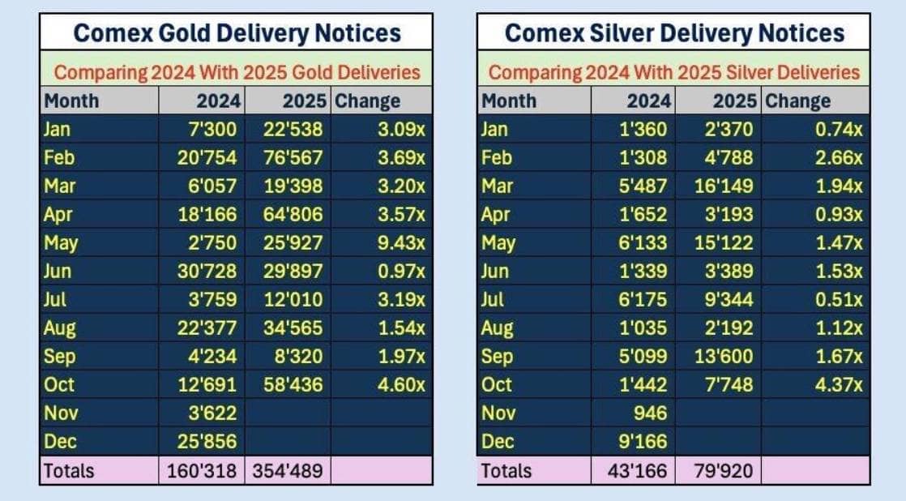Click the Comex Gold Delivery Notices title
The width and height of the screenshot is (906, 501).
[237, 33]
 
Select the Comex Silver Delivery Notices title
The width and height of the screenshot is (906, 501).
[674, 33]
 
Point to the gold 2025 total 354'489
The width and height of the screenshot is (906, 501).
[289, 470]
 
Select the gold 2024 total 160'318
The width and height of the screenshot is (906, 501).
[203, 470]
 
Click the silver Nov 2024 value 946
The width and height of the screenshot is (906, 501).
[651, 413]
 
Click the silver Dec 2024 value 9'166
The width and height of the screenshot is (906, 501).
[645, 442]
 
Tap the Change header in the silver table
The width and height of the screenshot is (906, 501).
[798, 101]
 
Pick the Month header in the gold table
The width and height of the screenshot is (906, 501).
[71, 101]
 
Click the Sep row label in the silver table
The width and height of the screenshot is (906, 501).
[497, 356]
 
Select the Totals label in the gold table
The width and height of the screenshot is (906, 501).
[69, 470]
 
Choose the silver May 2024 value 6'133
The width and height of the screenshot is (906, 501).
[645, 242]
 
